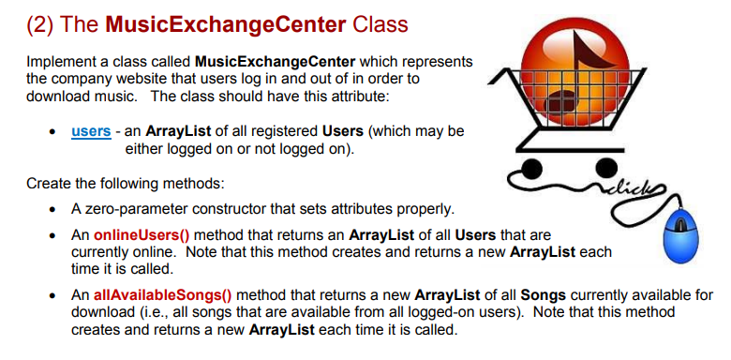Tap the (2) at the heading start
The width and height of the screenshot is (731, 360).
tap(43, 20)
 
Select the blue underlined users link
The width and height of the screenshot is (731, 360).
tap(91, 131)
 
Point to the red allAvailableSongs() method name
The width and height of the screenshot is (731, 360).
tap(153, 294)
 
